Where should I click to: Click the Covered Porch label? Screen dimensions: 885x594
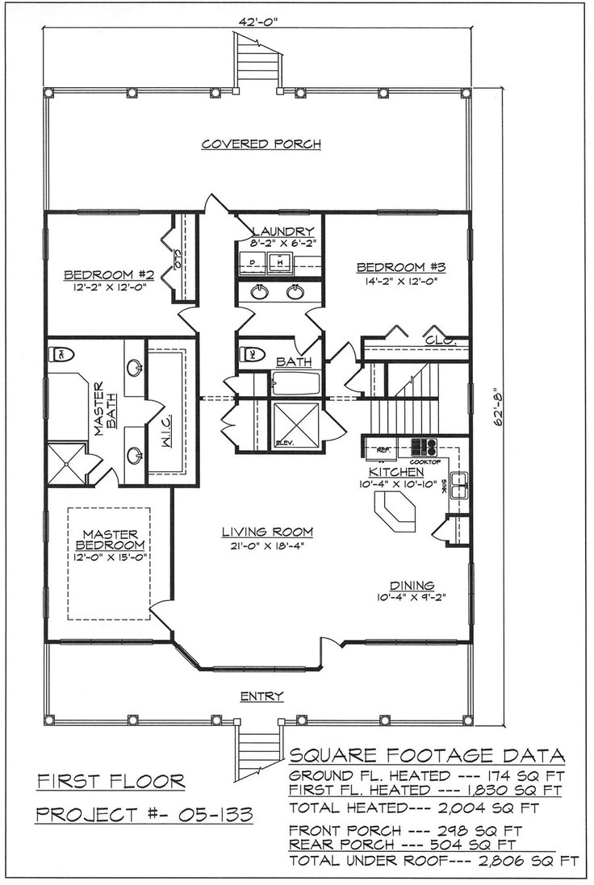pos(261,144)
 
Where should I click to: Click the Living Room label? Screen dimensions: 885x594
pos(256,532)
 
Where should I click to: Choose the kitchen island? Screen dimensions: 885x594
pos(395,514)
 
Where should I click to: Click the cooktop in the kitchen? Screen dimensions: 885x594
pos(424,446)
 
